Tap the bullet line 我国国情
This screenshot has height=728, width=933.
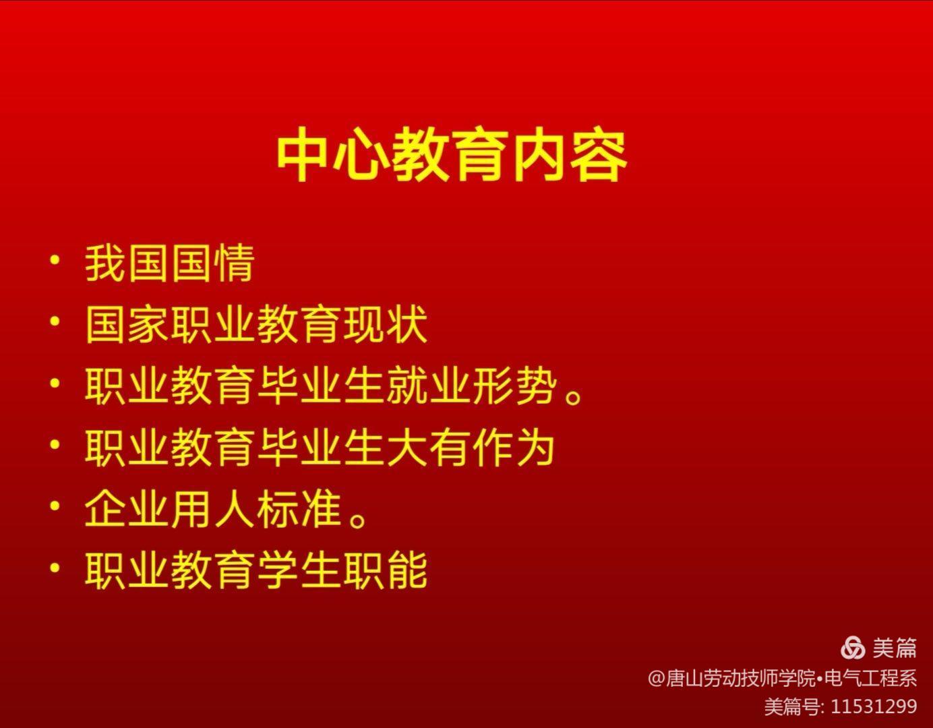[170, 263]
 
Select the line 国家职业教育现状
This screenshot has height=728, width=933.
[256, 324]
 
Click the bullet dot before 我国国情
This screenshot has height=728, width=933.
[55, 261]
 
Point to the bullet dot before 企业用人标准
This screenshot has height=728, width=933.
[55, 506]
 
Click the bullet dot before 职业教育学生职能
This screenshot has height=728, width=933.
[55, 568]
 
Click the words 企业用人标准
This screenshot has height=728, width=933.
[214, 510]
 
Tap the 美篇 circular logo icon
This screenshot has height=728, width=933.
[853, 648]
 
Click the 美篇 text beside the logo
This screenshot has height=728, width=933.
[895, 648]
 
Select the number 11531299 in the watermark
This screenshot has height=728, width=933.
[874, 706]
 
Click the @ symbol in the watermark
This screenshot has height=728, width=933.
[657, 679]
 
